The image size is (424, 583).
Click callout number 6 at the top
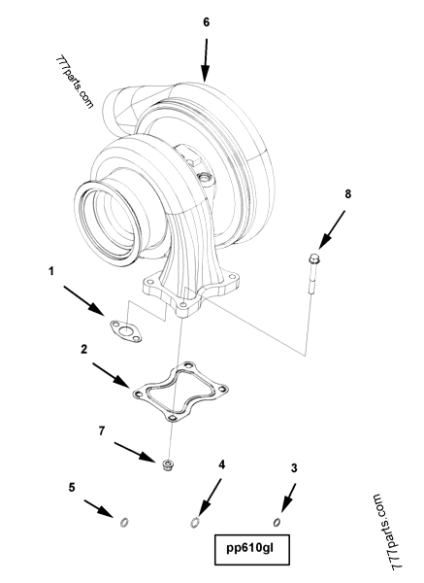pos(206,20)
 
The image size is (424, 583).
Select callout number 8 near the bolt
pos(348,194)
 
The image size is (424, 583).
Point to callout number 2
pos(84,348)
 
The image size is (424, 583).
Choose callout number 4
pos(221,465)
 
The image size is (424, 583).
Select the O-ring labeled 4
pos(197,525)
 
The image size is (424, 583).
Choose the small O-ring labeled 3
pos(277,523)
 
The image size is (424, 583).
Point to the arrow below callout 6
pos(205,59)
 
